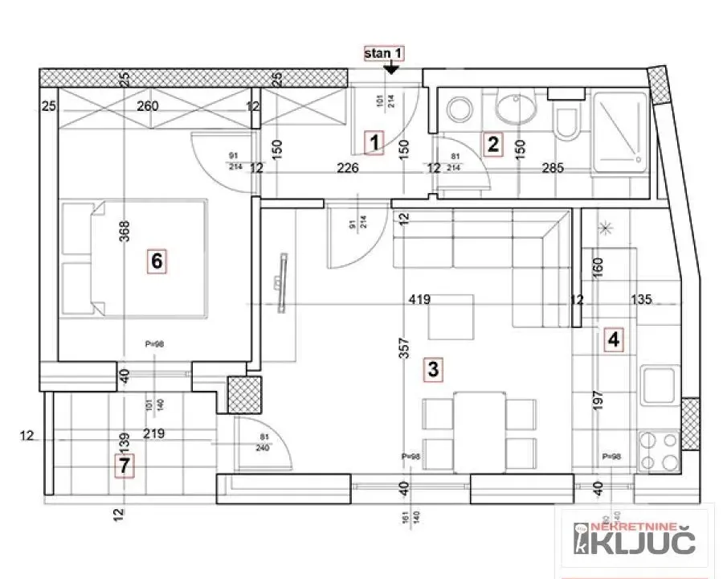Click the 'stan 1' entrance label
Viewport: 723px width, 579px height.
click(x=383, y=55)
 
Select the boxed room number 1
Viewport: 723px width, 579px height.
click(x=374, y=143)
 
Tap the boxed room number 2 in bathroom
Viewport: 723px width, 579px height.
click(x=492, y=145)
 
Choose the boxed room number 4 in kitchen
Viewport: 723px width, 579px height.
click(x=614, y=339)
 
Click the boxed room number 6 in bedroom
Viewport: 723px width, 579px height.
click(x=157, y=261)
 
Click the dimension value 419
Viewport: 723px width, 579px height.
click(x=420, y=300)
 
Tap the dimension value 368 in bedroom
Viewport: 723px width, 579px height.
click(x=124, y=240)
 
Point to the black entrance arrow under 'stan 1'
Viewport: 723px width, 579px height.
click(x=391, y=70)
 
